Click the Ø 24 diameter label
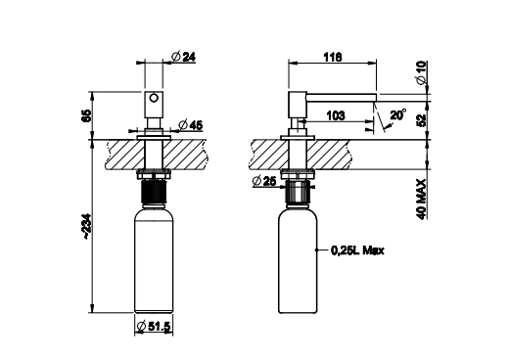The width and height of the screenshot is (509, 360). click(183, 57)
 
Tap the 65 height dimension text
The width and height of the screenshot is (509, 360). click(86, 115)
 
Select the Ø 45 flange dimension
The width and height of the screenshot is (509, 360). click(191, 125)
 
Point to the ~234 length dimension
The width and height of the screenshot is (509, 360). click(87, 227)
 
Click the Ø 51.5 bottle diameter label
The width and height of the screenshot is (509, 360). click(154, 326)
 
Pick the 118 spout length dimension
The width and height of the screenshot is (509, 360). click(333, 57)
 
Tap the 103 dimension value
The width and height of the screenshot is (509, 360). click(335, 115)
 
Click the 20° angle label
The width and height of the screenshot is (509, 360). click(398, 114)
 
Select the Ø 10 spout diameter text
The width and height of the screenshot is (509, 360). click(421, 72)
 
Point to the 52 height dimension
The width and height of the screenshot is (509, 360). click(422, 120)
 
